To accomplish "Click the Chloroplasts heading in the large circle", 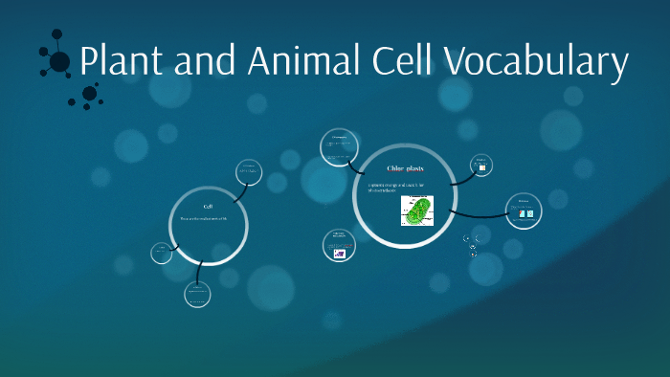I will [405, 169].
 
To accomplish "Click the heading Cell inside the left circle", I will [208, 207].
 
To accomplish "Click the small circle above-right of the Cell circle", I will [249, 172].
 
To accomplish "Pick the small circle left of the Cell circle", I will [162, 253].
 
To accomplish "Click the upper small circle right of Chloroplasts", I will [481, 165].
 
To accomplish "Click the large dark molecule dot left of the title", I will [59, 62].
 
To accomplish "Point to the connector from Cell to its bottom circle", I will [198, 272].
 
